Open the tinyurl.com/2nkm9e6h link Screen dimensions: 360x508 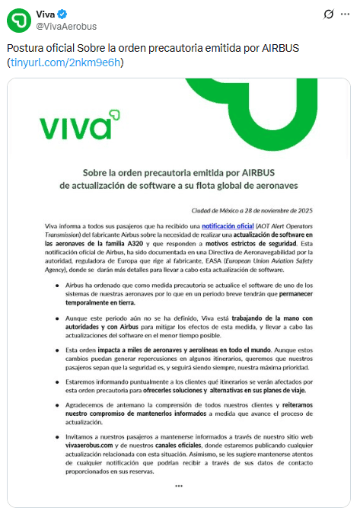65,62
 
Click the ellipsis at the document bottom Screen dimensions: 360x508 179,485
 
